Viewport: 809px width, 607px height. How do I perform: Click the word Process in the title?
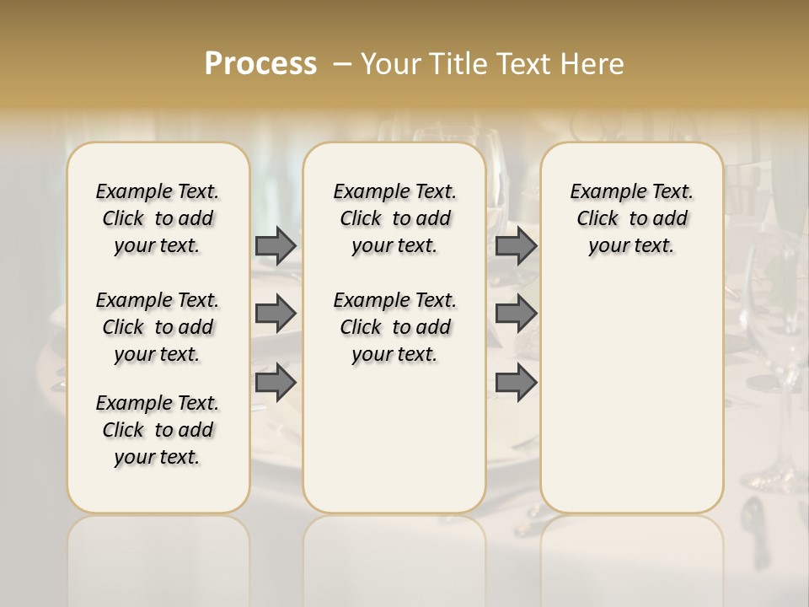pos(260,63)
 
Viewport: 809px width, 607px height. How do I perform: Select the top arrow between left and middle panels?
pos(276,245)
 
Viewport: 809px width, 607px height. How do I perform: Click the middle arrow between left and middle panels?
pos(276,314)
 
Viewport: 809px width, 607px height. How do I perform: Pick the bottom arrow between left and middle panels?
pos(276,383)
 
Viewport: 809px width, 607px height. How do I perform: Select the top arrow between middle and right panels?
pos(516,245)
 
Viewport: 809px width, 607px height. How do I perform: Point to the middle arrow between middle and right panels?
pos(516,314)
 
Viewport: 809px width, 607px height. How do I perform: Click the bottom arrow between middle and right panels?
pos(516,383)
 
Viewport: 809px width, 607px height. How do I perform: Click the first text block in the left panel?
pos(158,218)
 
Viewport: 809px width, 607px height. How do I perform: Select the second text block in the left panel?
pos(158,327)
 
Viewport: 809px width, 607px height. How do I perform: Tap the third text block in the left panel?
pos(158,430)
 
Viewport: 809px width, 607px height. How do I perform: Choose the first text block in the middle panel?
pos(394,218)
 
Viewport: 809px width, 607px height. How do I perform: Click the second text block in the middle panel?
pos(394,327)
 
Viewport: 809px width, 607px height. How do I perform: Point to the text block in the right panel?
pos(631,218)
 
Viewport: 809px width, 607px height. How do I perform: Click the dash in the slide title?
pos(342,63)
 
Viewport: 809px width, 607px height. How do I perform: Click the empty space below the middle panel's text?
pos(394,438)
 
